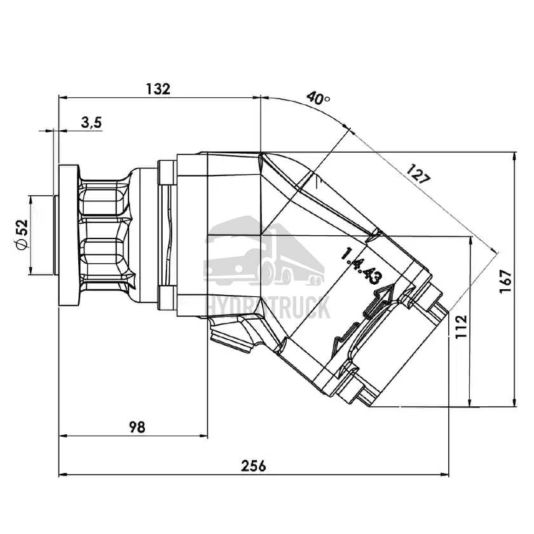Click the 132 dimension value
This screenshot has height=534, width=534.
158,89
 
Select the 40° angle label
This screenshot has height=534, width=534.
318,98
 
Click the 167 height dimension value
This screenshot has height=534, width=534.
505,280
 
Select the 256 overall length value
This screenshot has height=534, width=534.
254,465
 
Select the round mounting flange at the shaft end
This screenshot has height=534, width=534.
68,235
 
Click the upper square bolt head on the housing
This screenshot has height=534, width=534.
167,171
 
